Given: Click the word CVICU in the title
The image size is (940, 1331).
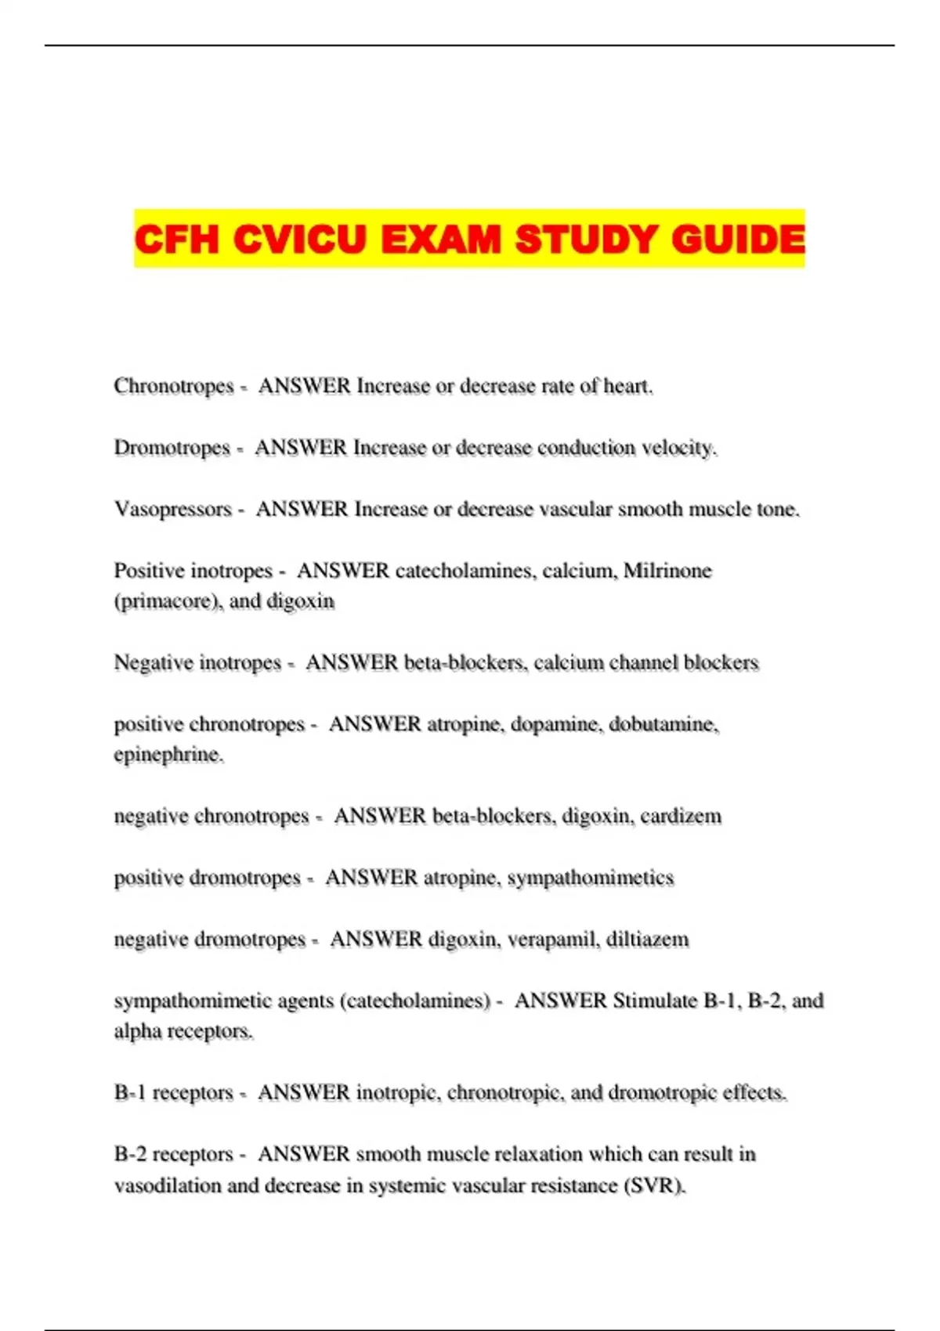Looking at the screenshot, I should (x=299, y=239).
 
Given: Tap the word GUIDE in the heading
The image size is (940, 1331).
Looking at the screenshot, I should (x=738, y=239).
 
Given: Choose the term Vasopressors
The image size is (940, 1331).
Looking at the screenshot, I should (x=173, y=510).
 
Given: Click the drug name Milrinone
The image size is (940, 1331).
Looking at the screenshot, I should (x=667, y=571).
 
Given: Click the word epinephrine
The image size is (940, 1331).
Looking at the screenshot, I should (x=168, y=755).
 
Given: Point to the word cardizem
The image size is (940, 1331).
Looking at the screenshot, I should (x=680, y=817).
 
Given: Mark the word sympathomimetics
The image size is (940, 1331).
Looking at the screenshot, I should (x=591, y=878).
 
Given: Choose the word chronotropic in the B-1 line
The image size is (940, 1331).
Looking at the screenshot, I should (x=504, y=1093).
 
